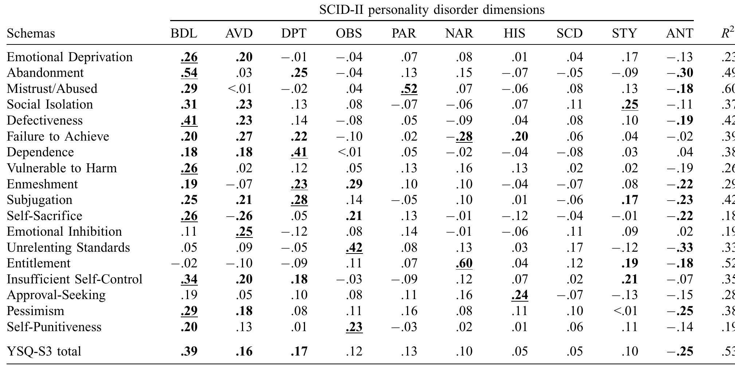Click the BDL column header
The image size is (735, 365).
184,34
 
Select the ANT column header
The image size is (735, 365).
680,34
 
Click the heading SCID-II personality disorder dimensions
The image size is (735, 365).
432,10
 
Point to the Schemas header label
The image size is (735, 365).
31,34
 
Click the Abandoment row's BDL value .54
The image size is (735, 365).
189,73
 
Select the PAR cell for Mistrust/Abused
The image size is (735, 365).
409,89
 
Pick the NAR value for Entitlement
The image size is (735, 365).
464,263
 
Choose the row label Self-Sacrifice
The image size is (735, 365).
44,216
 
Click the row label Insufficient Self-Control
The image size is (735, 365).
75,279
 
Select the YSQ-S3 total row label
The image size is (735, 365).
44,352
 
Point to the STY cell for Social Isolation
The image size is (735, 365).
630,105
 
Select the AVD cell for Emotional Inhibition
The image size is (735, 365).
244,232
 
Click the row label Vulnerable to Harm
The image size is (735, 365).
62,168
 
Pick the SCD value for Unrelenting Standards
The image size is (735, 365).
575,248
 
